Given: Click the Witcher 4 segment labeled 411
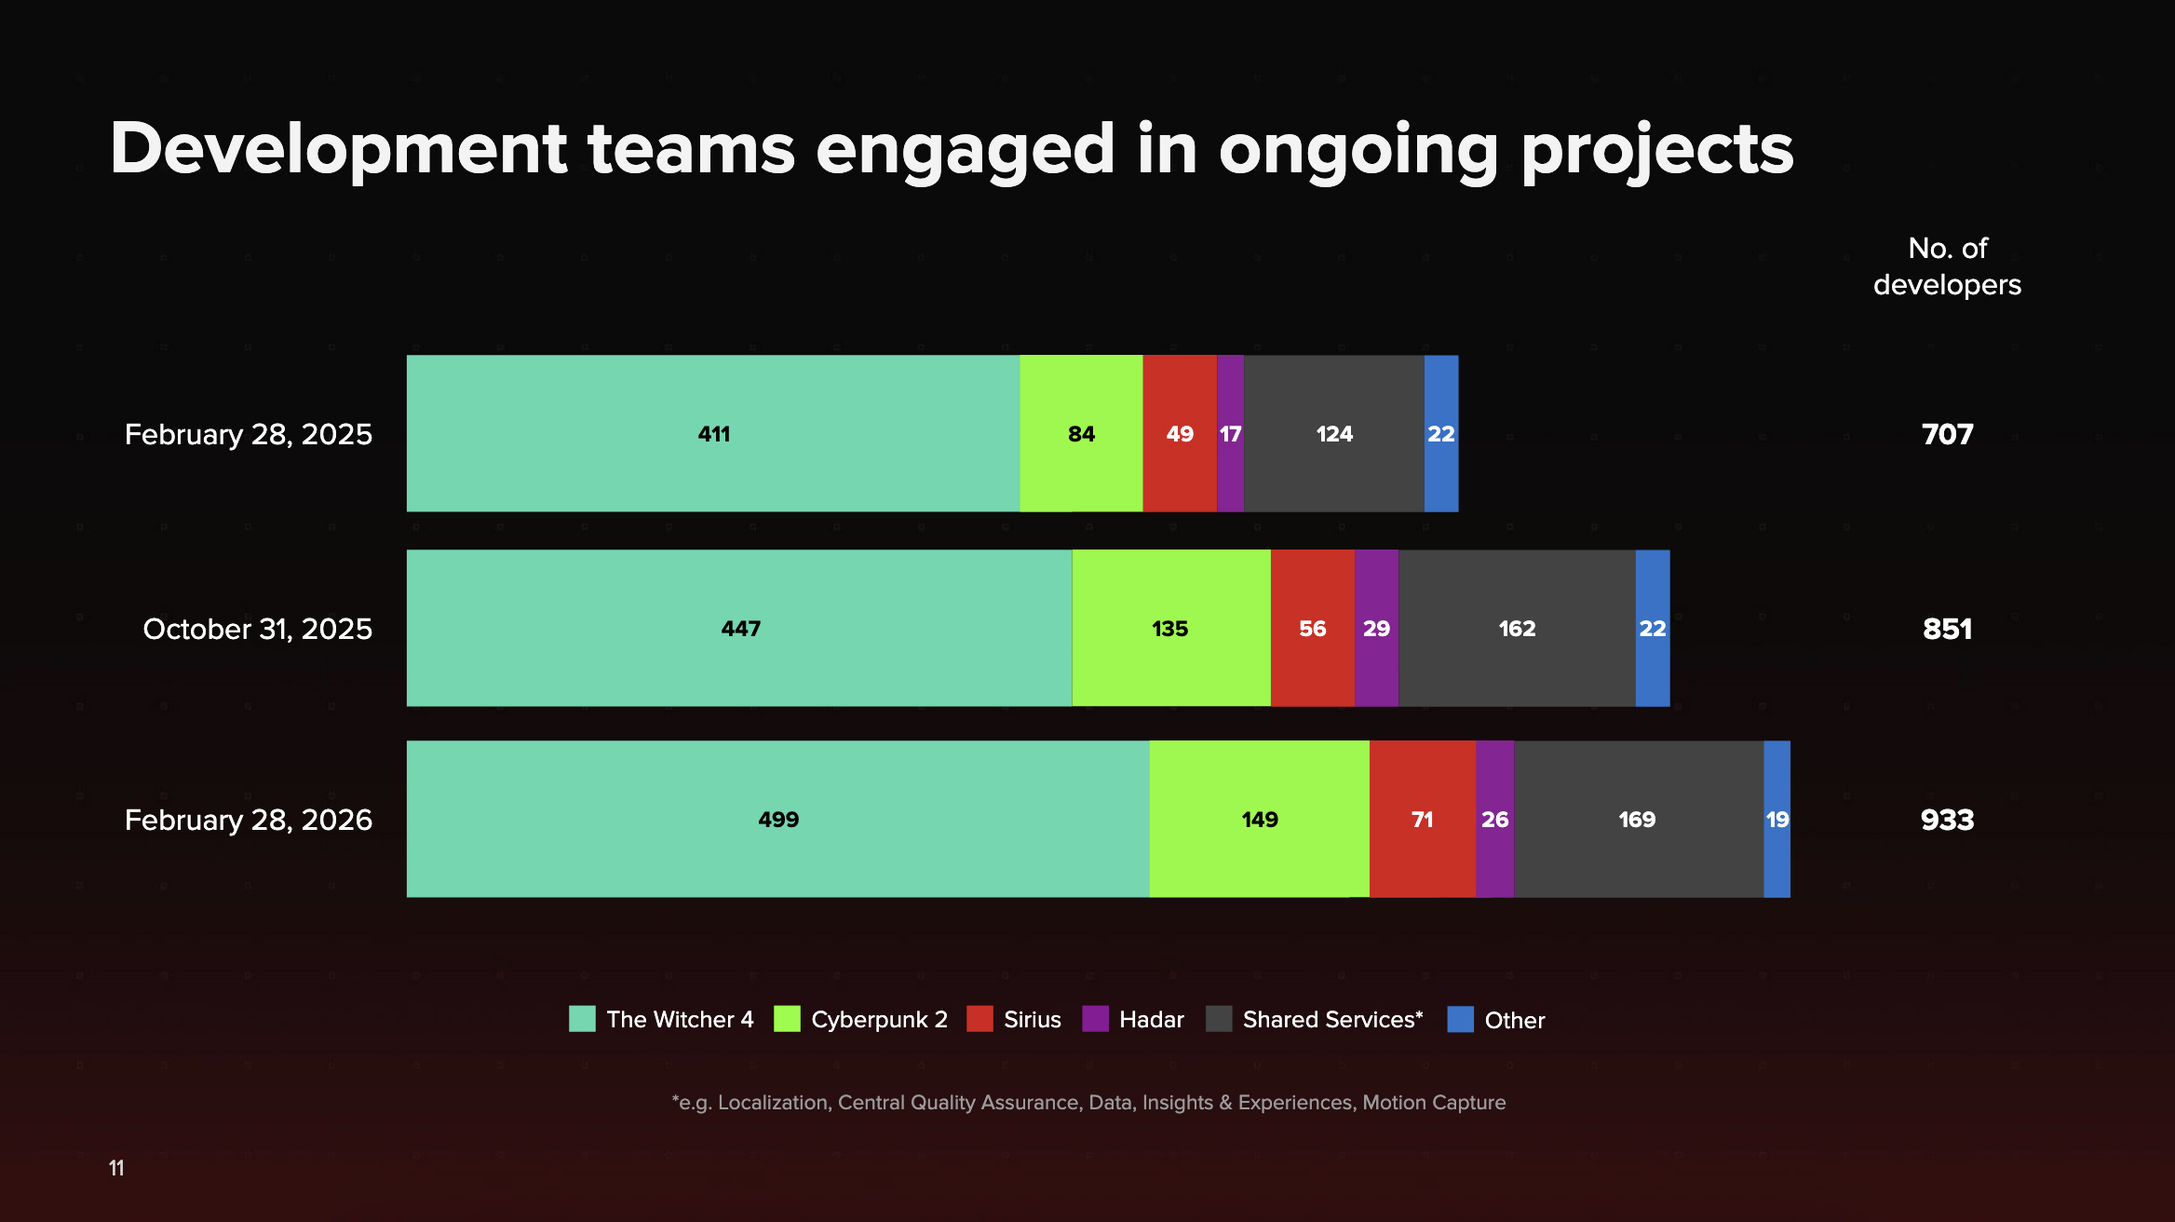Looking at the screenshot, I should tap(713, 433).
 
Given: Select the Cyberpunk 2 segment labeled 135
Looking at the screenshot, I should tap(1170, 629).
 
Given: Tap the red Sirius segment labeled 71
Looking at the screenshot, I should tap(1422, 820).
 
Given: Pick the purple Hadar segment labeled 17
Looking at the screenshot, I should tap(1230, 433).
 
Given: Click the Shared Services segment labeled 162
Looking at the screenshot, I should tap(1517, 629).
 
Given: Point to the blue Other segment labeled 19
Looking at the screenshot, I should tap(1776, 820).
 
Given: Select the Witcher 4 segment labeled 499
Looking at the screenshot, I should tap(778, 820).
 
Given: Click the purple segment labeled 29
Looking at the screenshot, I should tap(1376, 629).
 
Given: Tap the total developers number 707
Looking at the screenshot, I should tap(1947, 434).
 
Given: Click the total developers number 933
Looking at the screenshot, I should tap(1947, 820).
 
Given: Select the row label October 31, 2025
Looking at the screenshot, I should tap(257, 629).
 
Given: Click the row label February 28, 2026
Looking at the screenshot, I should tap(248, 820).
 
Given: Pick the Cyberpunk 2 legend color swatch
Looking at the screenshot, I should tap(787, 1019).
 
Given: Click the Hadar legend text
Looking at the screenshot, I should tap(1151, 1020).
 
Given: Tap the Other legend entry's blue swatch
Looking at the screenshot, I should tap(1460, 1019).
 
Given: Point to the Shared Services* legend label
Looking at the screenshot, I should tap(1332, 1020).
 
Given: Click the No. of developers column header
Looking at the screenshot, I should tap(1947, 266).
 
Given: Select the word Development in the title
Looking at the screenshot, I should tap(338, 149).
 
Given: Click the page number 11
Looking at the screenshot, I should tap(116, 1168).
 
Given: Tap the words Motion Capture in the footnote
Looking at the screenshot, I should tap(1434, 1103).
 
